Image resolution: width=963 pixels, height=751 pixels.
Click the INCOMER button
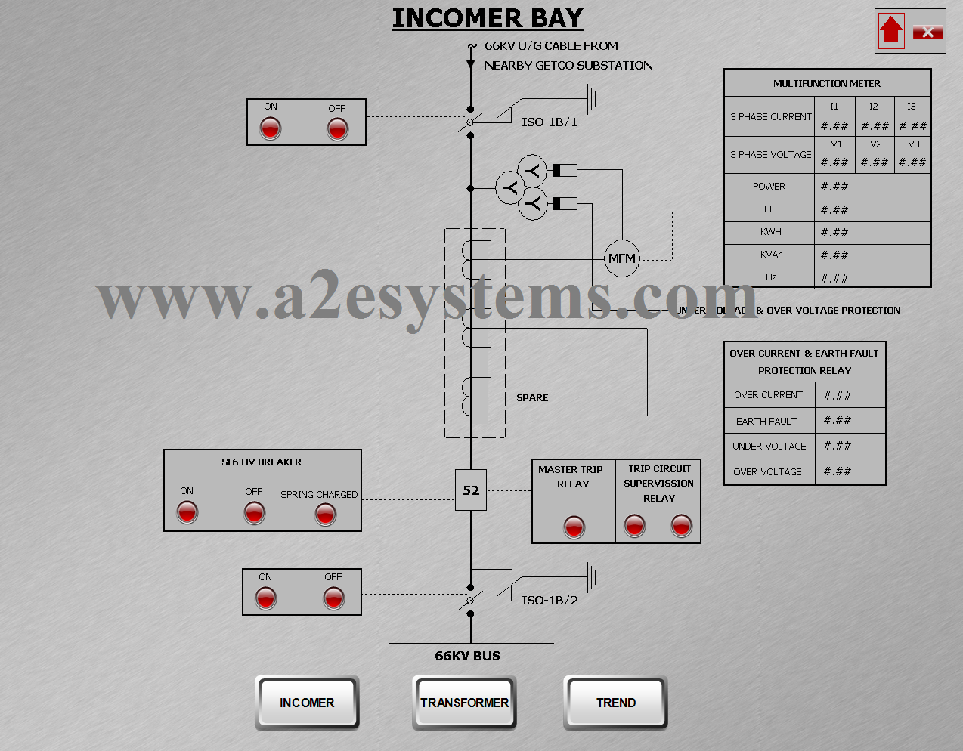click(307, 703)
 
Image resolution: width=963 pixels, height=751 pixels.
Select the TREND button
click(615, 703)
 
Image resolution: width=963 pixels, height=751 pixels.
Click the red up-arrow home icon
click(891, 31)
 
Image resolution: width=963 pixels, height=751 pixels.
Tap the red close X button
click(927, 32)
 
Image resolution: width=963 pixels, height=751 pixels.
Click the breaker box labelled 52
click(471, 490)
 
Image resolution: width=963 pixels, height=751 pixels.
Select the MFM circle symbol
click(622, 258)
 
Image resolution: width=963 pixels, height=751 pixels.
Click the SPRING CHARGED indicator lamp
click(326, 515)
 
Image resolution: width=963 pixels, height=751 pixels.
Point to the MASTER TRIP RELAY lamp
click(574, 526)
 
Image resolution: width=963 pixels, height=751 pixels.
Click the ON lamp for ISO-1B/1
click(271, 128)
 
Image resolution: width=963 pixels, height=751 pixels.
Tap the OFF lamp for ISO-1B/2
click(333, 598)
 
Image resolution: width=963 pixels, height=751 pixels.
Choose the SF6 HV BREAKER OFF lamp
click(255, 513)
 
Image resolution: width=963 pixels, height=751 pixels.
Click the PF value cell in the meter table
click(872, 210)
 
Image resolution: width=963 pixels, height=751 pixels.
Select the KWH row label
click(770, 232)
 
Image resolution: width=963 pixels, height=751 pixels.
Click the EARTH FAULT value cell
click(849, 420)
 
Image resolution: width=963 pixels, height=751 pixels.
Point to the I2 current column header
click(874, 107)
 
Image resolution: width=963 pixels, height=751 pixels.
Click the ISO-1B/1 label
click(550, 122)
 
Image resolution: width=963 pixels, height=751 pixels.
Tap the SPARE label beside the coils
click(532, 397)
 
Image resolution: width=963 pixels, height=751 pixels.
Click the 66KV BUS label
click(467, 656)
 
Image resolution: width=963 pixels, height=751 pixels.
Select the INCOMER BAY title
click(488, 18)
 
